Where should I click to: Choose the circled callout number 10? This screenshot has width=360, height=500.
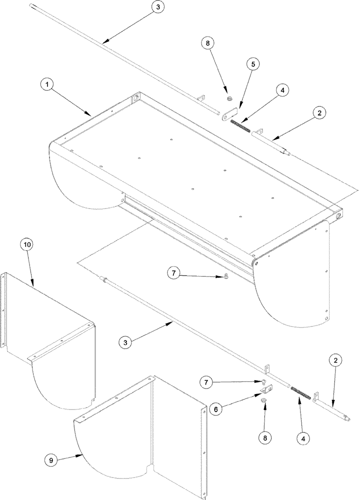pyautogui.click(x=26, y=244)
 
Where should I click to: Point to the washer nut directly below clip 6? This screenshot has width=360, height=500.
pyautogui.click(x=263, y=402)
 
